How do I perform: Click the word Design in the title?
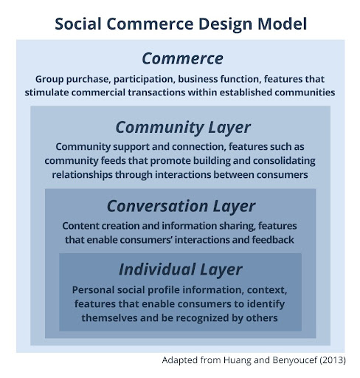(x=225, y=24)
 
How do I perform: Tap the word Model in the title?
(x=282, y=24)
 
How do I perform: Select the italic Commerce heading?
(x=182, y=58)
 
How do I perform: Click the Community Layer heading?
(x=183, y=128)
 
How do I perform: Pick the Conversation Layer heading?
(x=181, y=206)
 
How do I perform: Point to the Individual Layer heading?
(x=181, y=269)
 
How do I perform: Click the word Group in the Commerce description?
(x=49, y=80)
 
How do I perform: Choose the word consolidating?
(x=284, y=161)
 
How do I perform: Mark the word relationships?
(x=82, y=175)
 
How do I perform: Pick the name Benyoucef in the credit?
(x=294, y=360)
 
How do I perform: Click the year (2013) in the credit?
(x=333, y=360)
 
